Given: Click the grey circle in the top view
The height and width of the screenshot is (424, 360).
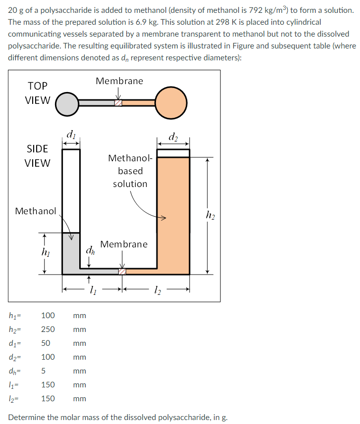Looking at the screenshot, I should tap(67, 103).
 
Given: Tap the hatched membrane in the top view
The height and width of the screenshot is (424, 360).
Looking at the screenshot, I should tap(118, 103).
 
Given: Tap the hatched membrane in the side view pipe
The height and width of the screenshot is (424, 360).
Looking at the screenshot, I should tap(122, 271).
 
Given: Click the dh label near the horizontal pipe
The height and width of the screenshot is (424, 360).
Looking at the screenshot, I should tap(90, 250).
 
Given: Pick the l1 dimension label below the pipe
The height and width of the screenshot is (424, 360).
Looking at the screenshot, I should tap(92, 289).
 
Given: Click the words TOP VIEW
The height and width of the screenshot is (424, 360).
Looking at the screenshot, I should tap(38, 93).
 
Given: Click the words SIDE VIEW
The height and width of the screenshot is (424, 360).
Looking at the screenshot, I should tap(38, 156).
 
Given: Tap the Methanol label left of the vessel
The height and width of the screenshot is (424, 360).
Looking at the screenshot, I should tap(36, 211).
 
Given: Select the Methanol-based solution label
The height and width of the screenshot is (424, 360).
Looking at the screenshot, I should tap(129, 171).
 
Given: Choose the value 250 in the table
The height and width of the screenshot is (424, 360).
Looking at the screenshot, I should tap(48, 330).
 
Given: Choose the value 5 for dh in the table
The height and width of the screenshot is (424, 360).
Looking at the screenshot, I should tap(44, 371).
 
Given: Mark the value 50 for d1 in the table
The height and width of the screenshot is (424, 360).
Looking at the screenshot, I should tap(46, 343).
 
